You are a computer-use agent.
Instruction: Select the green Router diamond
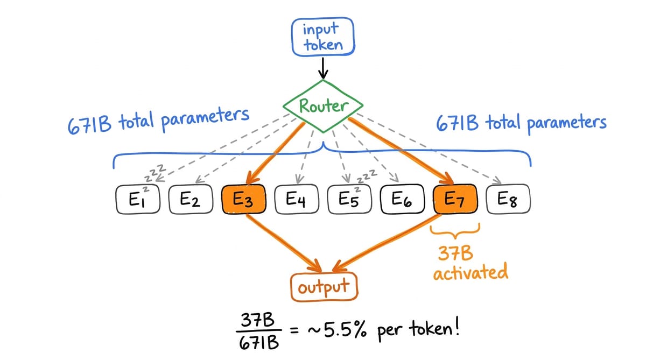[x=322, y=107]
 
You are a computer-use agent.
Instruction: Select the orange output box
[x=324, y=287]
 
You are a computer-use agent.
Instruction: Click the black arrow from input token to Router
[x=322, y=67]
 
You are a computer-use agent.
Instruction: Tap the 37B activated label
[x=469, y=264]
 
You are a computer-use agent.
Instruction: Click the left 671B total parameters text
[x=158, y=119]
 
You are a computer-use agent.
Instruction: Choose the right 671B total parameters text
[x=520, y=123]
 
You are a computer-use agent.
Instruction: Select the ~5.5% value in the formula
[x=342, y=329]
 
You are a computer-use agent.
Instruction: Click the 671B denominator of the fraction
[x=257, y=342]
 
